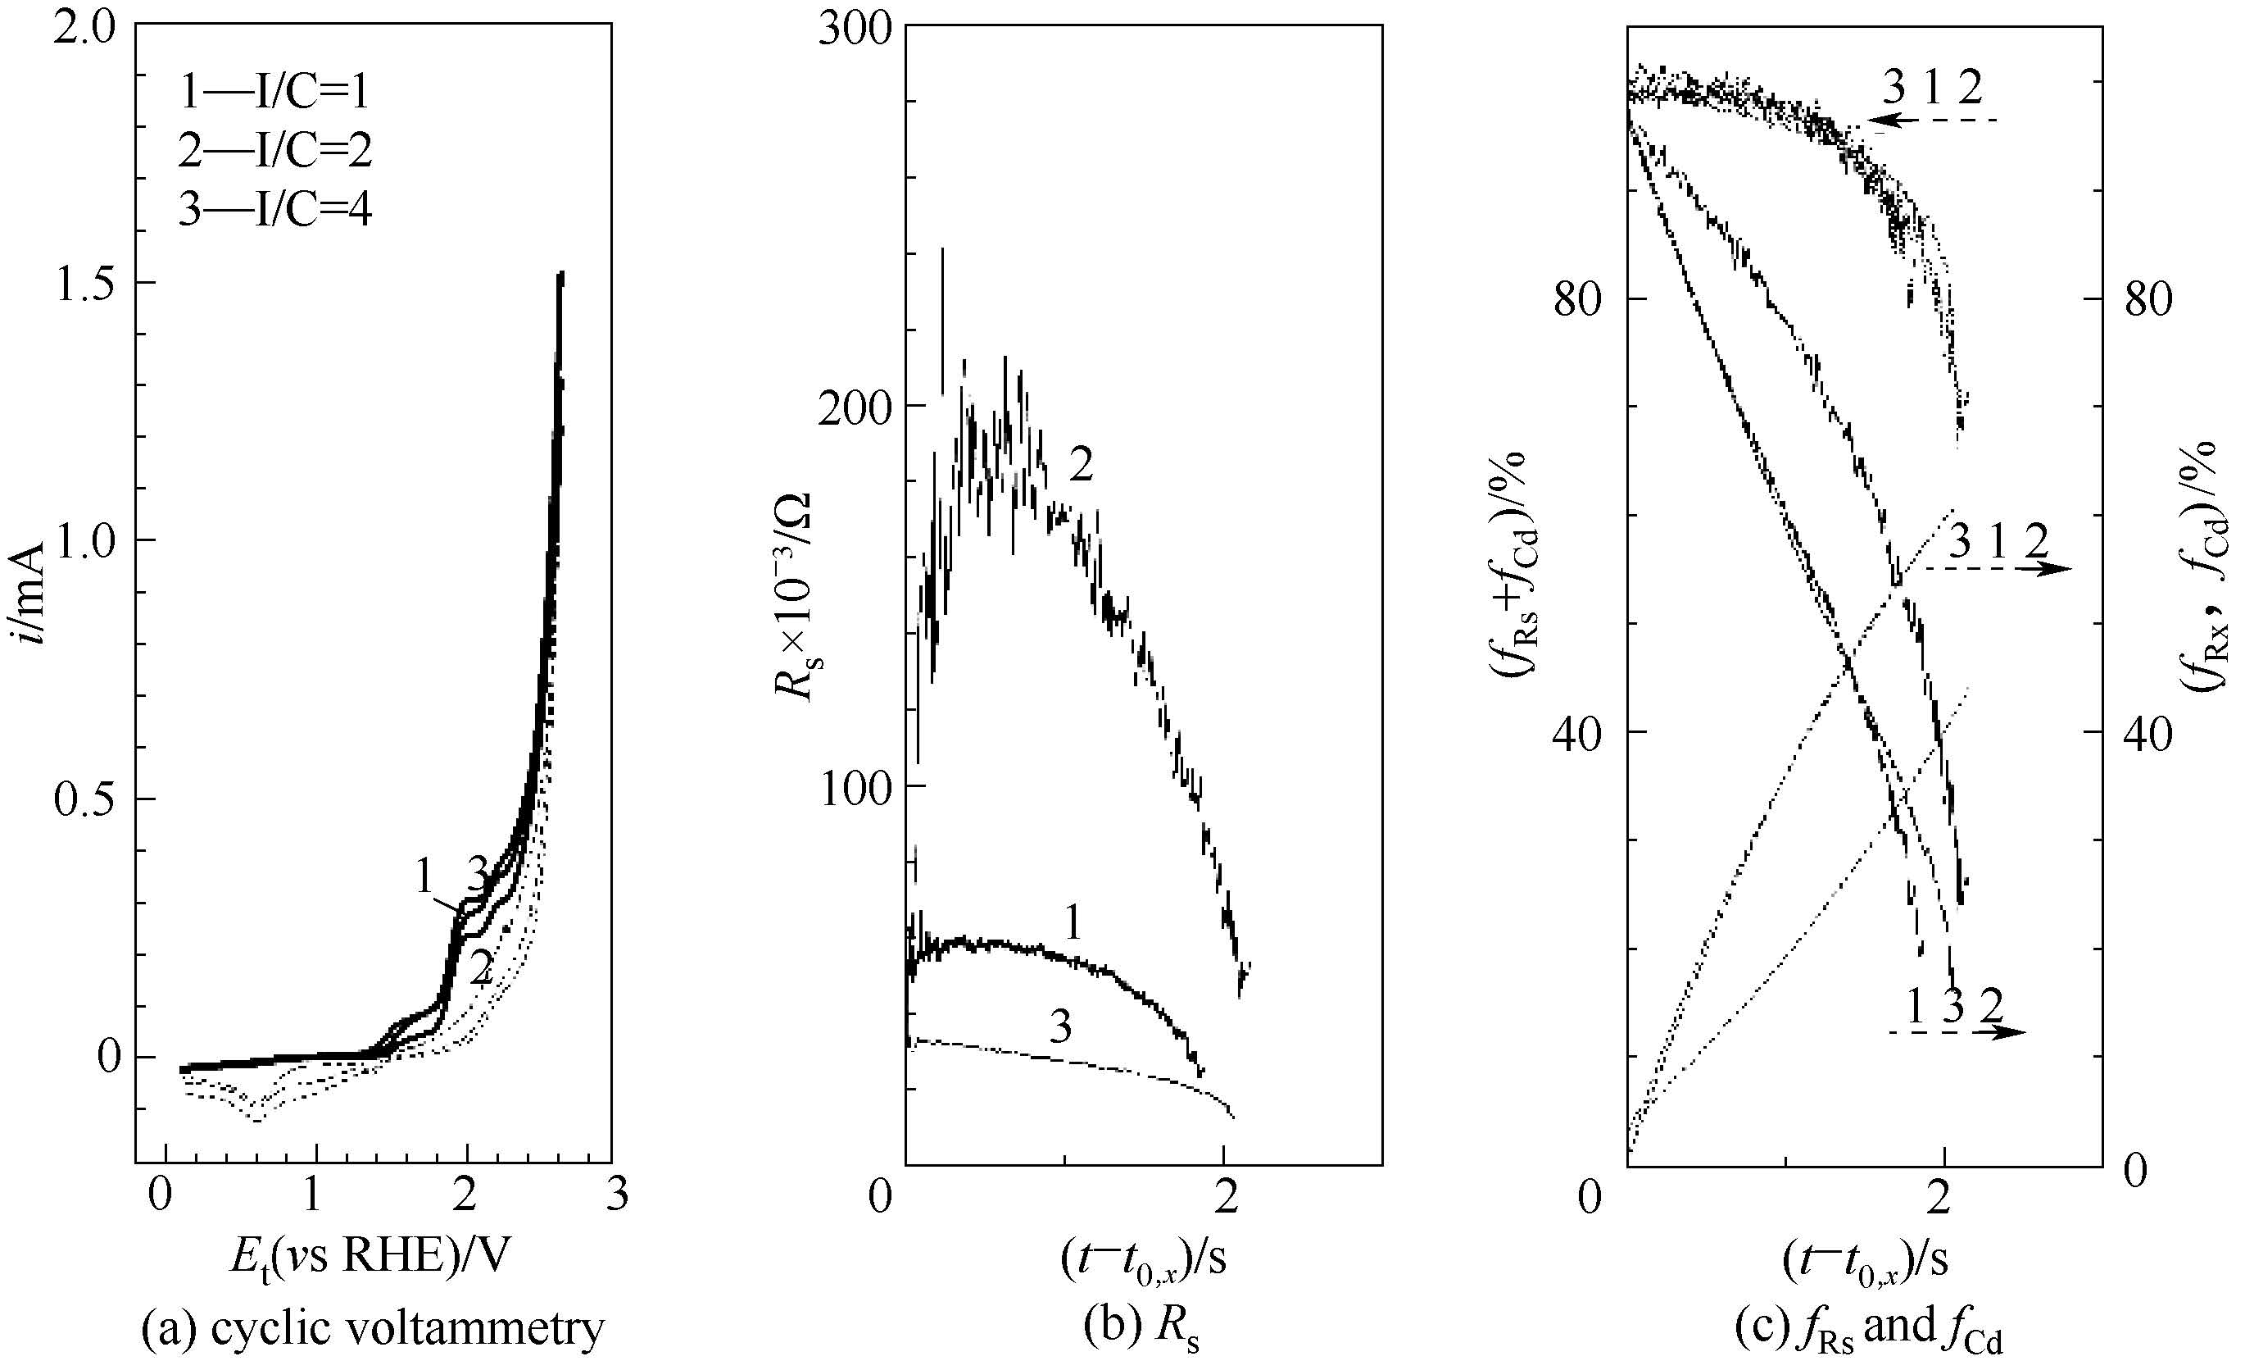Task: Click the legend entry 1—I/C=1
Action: (x=274, y=91)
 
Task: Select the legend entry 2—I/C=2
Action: (x=274, y=150)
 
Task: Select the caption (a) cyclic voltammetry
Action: (x=373, y=1328)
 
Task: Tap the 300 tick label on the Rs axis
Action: (x=854, y=27)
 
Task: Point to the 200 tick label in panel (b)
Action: (x=854, y=407)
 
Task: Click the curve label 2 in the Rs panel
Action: (x=1081, y=465)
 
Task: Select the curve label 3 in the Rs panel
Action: (x=1060, y=1027)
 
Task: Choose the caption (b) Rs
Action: (x=1141, y=1328)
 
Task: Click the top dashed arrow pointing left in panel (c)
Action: (x=1931, y=121)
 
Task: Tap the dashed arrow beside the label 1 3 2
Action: (x=1957, y=1032)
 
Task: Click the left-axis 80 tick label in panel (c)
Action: (x=1577, y=299)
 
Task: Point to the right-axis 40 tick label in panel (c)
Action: (x=2148, y=734)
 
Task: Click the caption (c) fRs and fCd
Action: (x=1868, y=1328)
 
